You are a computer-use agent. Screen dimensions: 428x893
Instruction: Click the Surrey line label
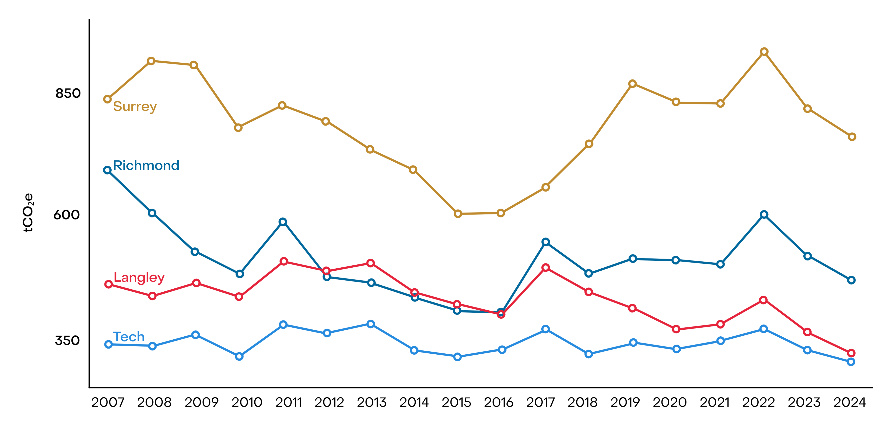point(135,106)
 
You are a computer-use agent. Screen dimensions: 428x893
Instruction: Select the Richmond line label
point(146,165)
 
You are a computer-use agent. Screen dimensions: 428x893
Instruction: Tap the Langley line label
point(139,277)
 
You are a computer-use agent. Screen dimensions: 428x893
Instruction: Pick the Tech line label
point(129,337)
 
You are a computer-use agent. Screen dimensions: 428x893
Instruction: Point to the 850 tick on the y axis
point(68,93)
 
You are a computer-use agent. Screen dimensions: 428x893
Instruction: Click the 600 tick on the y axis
point(67,215)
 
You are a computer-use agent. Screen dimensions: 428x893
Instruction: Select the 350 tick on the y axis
point(67,340)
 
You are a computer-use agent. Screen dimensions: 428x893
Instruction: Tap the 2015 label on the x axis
point(456,402)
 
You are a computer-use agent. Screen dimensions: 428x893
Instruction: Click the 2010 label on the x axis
point(247,402)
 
